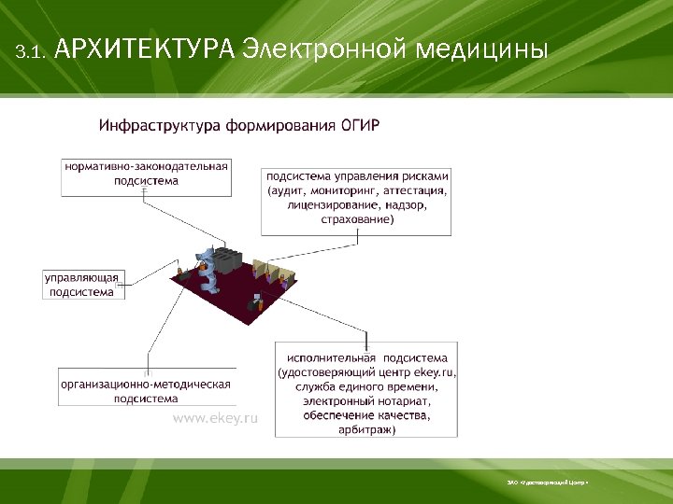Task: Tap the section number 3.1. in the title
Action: click(x=31, y=52)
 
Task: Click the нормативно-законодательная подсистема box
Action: click(x=147, y=175)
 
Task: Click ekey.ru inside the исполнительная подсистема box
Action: click(x=433, y=372)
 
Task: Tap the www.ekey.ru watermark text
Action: click(x=215, y=419)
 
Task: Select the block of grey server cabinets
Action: click(x=235, y=260)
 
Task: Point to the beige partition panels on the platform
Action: click(x=275, y=273)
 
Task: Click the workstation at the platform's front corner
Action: click(x=253, y=303)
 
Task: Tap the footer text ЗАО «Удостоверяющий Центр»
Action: click(x=547, y=483)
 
